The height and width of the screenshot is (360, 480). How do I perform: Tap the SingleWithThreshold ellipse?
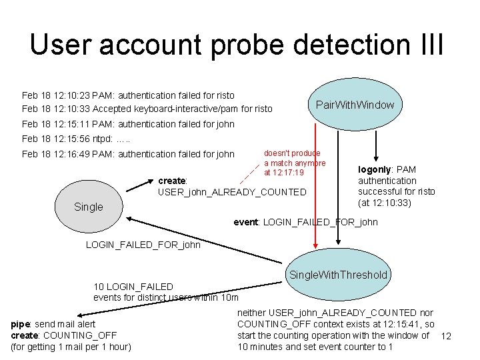[338, 275]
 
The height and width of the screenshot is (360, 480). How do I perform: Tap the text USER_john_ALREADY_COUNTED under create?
[231, 192]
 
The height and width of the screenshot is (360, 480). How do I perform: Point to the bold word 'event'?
[245, 222]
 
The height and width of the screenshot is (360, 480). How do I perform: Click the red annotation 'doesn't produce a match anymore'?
[294, 163]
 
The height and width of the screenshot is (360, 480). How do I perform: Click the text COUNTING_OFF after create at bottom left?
[79, 335]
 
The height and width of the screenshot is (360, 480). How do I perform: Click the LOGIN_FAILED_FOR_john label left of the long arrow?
[143, 245]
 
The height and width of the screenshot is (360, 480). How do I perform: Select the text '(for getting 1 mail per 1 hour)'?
[71, 347]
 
